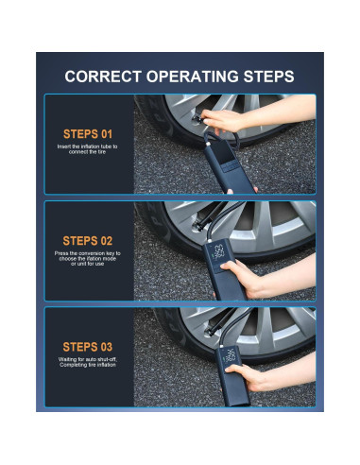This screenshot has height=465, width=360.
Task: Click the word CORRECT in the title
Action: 103,77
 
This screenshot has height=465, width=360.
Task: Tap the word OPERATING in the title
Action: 192,77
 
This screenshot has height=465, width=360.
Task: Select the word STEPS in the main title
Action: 269,77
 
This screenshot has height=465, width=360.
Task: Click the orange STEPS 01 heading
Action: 88,134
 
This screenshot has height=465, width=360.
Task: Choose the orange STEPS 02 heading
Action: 88,241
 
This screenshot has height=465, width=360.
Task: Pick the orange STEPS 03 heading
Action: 88,347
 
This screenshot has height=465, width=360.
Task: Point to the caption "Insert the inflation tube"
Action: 87,149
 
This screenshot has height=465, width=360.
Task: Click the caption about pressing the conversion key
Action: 87,258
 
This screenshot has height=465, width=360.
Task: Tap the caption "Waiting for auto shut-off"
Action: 88,362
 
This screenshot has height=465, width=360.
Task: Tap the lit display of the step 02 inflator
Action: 219,252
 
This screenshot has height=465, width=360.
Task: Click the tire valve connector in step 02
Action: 198,226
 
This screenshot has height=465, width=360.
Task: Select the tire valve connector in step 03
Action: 210,332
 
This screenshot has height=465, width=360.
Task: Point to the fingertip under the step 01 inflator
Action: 231,191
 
